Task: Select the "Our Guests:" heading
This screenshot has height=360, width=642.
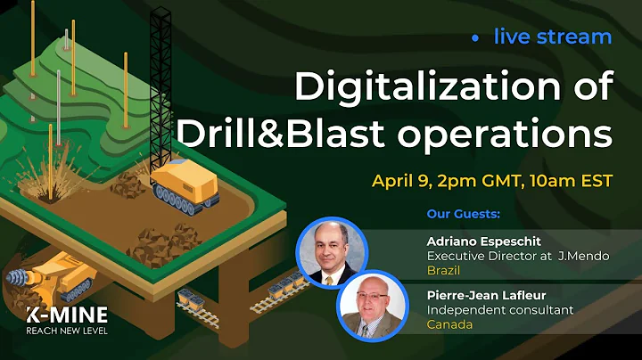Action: click(463, 215)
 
